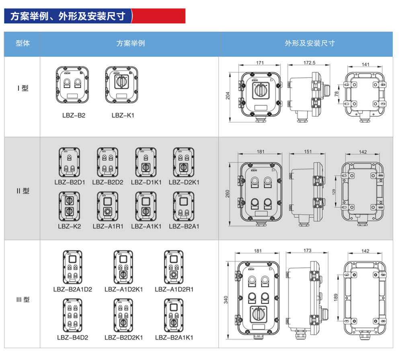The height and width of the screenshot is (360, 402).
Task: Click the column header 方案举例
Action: click(130, 43)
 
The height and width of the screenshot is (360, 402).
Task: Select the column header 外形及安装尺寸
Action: click(310, 43)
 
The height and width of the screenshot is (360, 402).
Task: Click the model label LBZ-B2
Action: click(74, 115)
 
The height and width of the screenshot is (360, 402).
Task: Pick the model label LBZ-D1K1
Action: click(146, 182)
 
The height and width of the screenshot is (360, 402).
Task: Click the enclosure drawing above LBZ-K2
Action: click(70, 206)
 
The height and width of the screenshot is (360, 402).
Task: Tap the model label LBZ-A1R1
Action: click(107, 226)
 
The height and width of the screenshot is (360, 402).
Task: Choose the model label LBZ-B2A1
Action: click(184, 226)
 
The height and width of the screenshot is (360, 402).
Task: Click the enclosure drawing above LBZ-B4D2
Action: click(72, 316)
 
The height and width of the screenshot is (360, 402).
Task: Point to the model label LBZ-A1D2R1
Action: click(174, 289)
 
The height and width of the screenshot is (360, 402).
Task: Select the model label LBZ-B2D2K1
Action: click(123, 337)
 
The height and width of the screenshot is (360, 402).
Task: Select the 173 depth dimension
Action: click(308, 251)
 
